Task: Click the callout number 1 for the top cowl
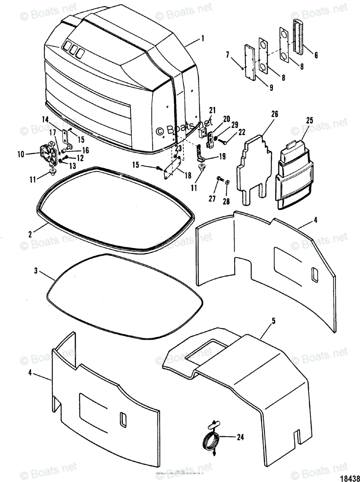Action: (x=203, y=39)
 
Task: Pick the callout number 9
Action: (x=271, y=87)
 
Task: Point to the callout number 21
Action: (x=212, y=110)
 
